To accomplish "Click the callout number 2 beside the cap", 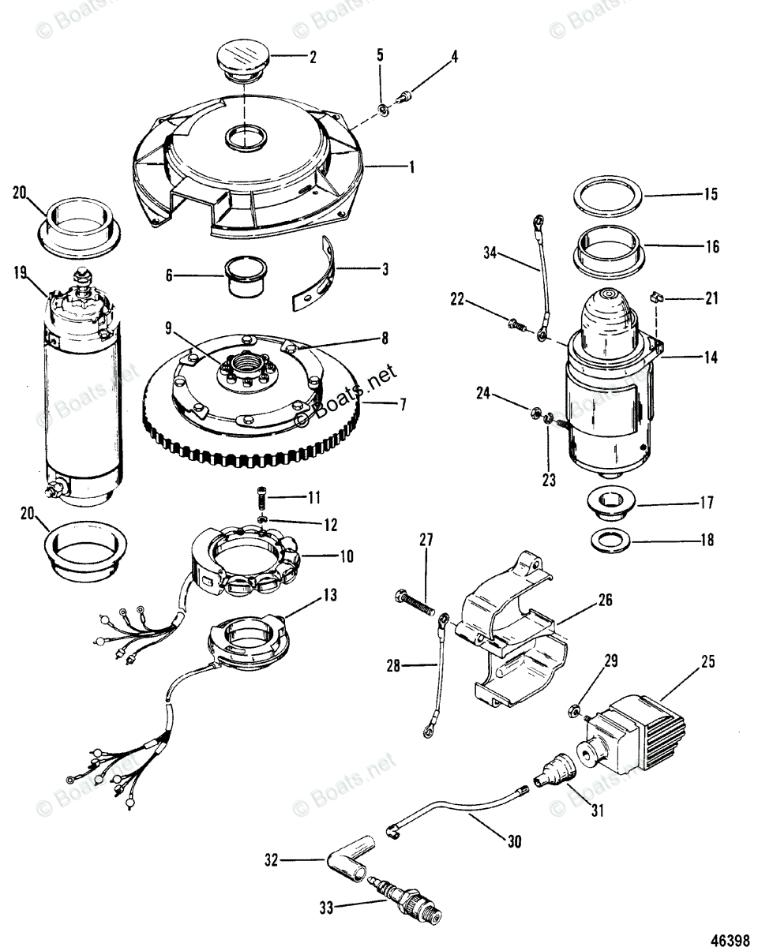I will [x=313, y=58].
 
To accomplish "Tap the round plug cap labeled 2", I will [x=243, y=59].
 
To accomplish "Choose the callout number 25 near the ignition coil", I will [x=707, y=662].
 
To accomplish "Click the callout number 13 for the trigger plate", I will [x=329, y=596].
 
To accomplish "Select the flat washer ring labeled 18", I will [x=611, y=541].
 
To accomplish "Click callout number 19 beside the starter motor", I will [x=21, y=273].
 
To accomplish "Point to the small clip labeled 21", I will [x=655, y=298].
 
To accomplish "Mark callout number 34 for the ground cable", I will [x=491, y=253].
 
